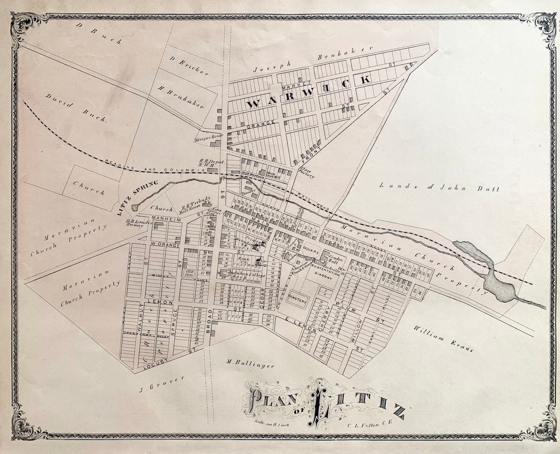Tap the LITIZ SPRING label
coord(131,196)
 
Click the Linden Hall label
coord(330,259)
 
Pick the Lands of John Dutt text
coord(439,188)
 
